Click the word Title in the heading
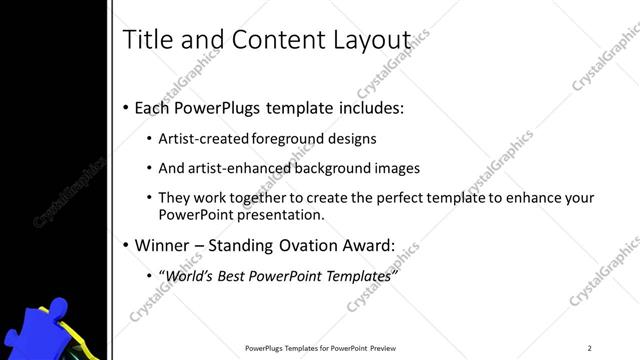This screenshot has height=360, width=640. point(146,39)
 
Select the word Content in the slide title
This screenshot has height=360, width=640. point(274,39)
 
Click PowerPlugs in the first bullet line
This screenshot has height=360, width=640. point(217,107)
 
